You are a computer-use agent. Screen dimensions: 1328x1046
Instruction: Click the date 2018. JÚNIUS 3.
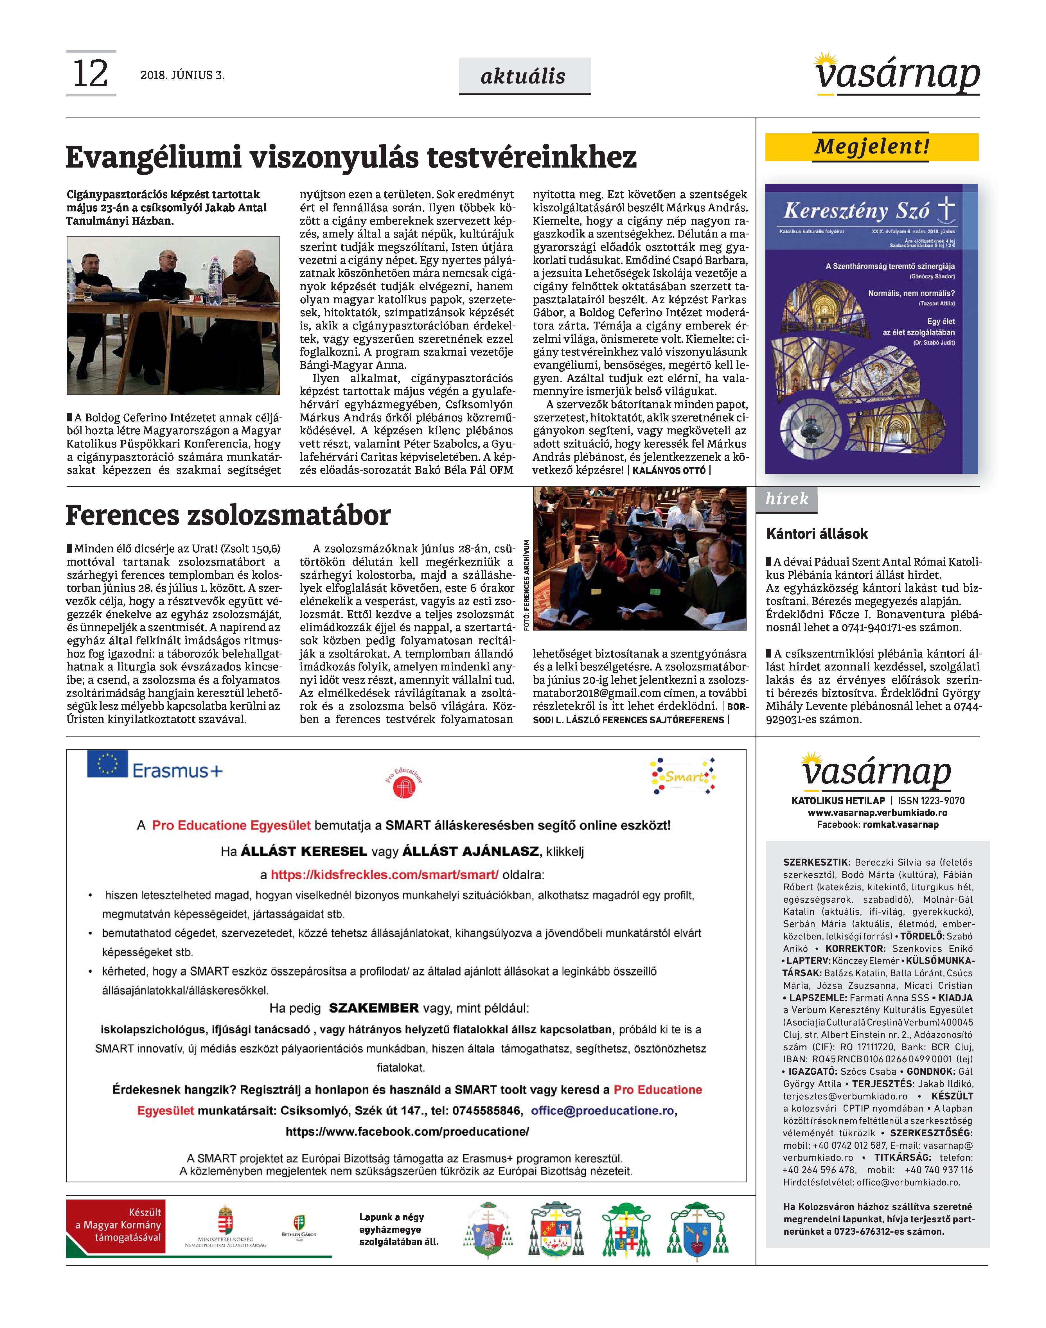[x=182, y=75]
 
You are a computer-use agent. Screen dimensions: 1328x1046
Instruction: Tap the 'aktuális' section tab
[x=524, y=76]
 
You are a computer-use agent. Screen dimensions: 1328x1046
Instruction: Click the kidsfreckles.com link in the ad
[x=385, y=875]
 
